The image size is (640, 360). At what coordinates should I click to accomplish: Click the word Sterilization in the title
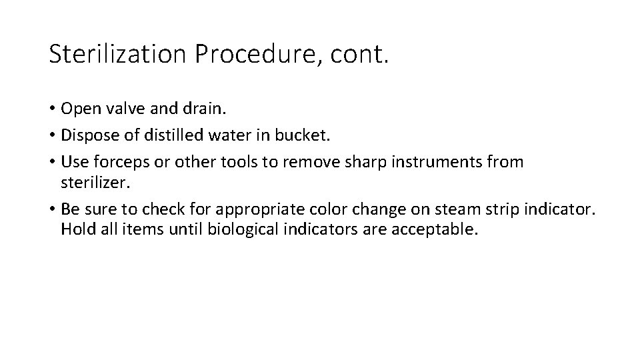click(x=117, y=53)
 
